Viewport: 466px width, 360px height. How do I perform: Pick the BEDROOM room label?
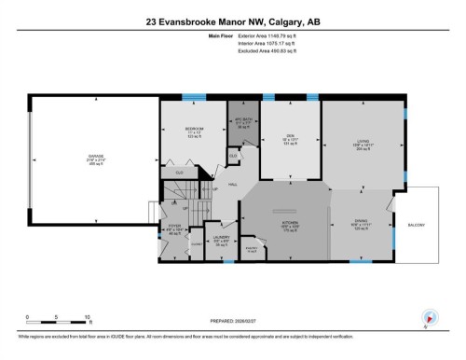point(194,131)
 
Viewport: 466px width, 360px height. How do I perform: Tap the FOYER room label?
point(174,226)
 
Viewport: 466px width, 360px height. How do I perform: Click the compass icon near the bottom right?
point(430,316)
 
